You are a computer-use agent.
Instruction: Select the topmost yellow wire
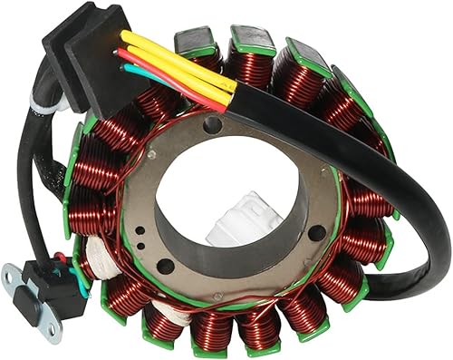181,54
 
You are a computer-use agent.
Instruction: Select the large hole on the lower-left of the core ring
166,266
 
